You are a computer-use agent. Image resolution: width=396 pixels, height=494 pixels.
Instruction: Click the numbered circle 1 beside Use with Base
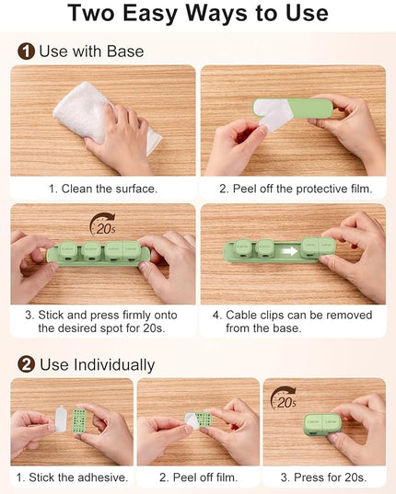pyautogui.click(x=26, y=52)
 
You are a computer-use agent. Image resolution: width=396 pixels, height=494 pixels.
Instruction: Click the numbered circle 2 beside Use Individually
pyautogui.click(x=26, y=364)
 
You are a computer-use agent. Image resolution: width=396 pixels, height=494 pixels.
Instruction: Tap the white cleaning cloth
pyautogui.click(x=104, y=118)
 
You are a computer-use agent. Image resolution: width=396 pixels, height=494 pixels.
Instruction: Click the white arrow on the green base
pyautogui.click(x=290, y=251)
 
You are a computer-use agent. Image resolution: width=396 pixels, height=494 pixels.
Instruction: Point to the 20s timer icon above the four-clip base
pyautogui.click(x=103, y=224)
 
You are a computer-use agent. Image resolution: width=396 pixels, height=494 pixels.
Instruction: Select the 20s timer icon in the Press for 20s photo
pyautogui.click(x=284, y=398)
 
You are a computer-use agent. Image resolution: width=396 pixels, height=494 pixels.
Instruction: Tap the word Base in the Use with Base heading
pyautogui.click(x=125, y=52)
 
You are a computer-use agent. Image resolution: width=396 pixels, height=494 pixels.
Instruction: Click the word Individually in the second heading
pyautogui.click(x=114, y=365)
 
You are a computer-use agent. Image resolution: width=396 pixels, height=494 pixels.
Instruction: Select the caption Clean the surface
pyautogui.click(x=103, y=189)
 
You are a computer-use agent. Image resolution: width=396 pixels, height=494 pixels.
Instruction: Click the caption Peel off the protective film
pyautogui.click(x=296, y=189)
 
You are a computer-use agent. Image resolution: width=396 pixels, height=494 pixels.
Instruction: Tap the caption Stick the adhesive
pyautogui.click(x=72, y=477)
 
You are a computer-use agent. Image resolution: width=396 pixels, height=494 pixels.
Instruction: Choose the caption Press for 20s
pyautogui.click(x=324, y=477)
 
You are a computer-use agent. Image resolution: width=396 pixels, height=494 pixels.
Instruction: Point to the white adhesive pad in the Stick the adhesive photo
pyautogui.click(x=61, y=419)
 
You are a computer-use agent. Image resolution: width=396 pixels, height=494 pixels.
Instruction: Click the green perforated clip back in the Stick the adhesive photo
pyautogui.click(x=79, y=421)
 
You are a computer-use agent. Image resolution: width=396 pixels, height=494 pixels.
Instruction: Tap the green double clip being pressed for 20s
pyautogui.click(x=321, y=425)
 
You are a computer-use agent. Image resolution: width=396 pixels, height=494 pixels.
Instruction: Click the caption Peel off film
pyautogui.click(x=198, y=477)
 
